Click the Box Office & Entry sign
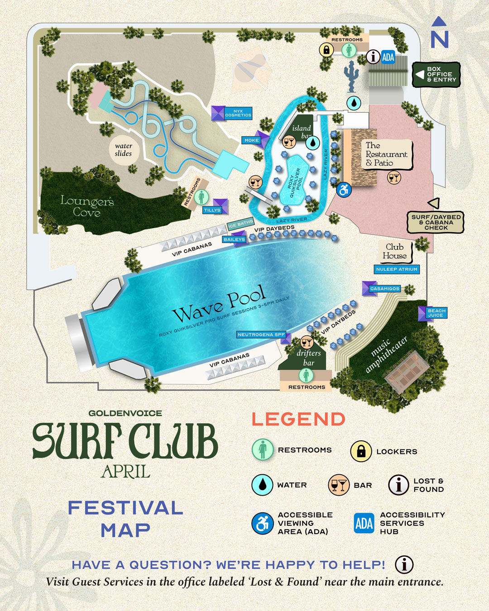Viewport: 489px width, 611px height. [436, 75]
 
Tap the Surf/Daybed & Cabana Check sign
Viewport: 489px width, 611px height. [436, 222]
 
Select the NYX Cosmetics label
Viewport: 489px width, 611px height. [238, 113]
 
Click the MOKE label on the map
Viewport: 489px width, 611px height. [251, 140]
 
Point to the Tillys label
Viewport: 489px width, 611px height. [212, 210]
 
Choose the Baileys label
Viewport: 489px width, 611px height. [234, 239]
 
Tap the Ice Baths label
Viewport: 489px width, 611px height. [240, 224]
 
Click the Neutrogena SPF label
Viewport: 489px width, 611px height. [261, 334]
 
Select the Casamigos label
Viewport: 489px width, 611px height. [384, 288]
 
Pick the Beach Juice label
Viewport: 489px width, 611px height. [436, 313]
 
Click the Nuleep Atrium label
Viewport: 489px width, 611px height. [397, 269]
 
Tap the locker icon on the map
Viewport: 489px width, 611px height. [326, 50]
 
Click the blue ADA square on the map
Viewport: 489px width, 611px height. [388, 57]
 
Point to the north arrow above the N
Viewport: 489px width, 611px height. [439, 21]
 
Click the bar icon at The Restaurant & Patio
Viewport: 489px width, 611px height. [394, 177]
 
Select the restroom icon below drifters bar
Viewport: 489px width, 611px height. [307, 375]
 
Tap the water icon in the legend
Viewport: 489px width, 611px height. [262, 485]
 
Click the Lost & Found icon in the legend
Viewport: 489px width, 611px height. [399, 485]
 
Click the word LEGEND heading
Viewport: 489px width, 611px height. [298, 419]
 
